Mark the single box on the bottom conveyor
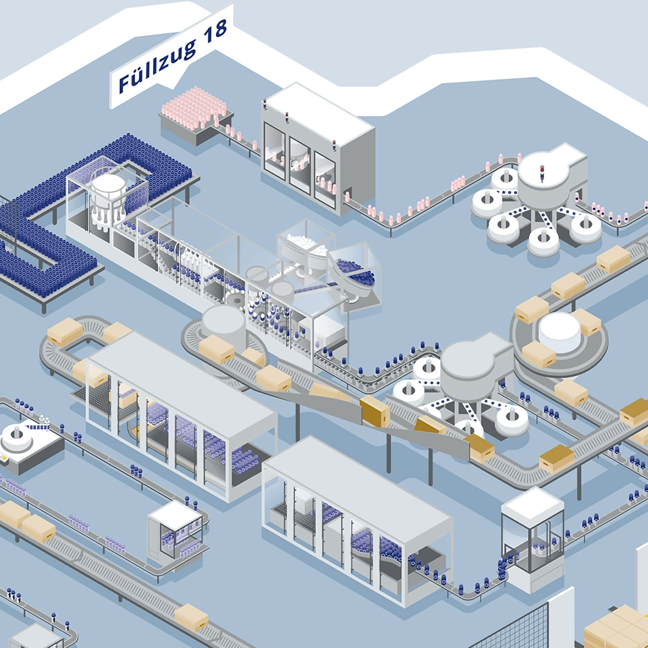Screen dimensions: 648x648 point(192,616)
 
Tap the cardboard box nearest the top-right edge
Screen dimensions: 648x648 point(613,259)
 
